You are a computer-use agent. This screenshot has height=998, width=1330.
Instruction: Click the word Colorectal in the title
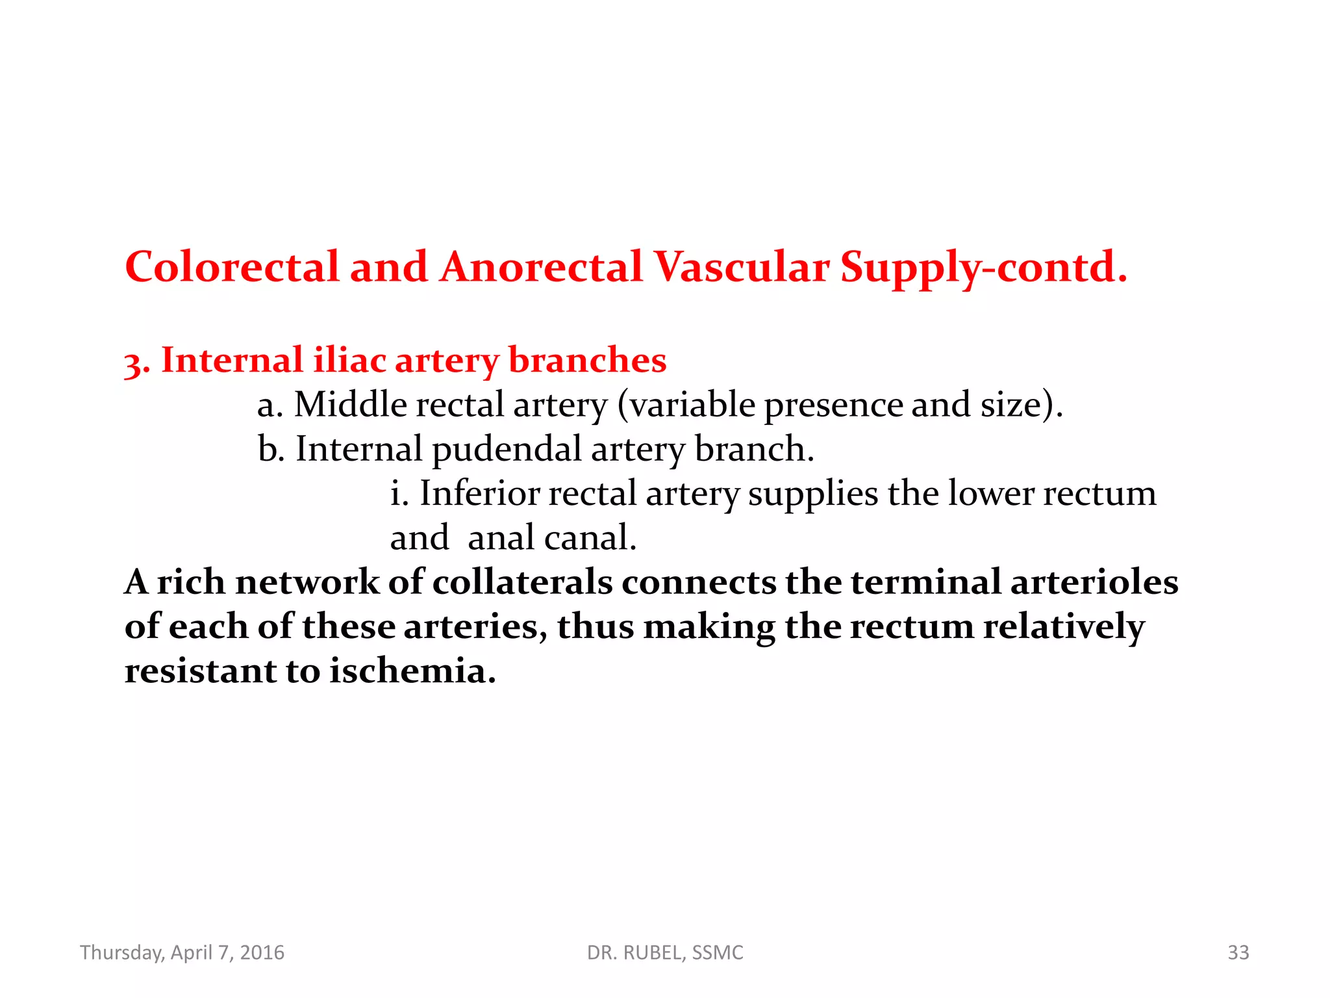pyautogui.click(x=232, y=267)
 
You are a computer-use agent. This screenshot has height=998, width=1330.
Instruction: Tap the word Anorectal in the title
pyautogui.click(x=541, y=267)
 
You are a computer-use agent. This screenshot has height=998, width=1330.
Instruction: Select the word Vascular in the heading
pyautogui.click(x=741, y=267)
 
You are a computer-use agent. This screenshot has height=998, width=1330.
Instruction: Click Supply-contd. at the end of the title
pyautogui.click(x=983, y=268)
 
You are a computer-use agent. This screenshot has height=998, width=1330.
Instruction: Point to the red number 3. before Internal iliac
pyautogui.click(x=137, y=363)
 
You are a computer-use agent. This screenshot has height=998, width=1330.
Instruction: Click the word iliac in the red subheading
pyautogui.click(x=349, y=360)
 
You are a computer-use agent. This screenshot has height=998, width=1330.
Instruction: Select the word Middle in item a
pyautogui.click(x=350, y=404)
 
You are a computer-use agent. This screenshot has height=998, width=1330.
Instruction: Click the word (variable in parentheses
pyautogui.click(x=686, y=405)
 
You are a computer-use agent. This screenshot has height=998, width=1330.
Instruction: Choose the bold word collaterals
pyautogui.click(x=522, y=582)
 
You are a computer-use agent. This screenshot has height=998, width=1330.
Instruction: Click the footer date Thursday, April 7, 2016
pyautogui.click(x=182, y=953)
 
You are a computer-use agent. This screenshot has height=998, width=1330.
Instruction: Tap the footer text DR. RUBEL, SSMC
pyautogui.click(x=665, y=953)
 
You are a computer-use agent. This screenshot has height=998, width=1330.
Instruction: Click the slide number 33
pyautogui.click(x=1238, y=953)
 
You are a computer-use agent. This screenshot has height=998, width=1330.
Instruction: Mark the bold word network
pyautogui.click(x=307, y=582)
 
